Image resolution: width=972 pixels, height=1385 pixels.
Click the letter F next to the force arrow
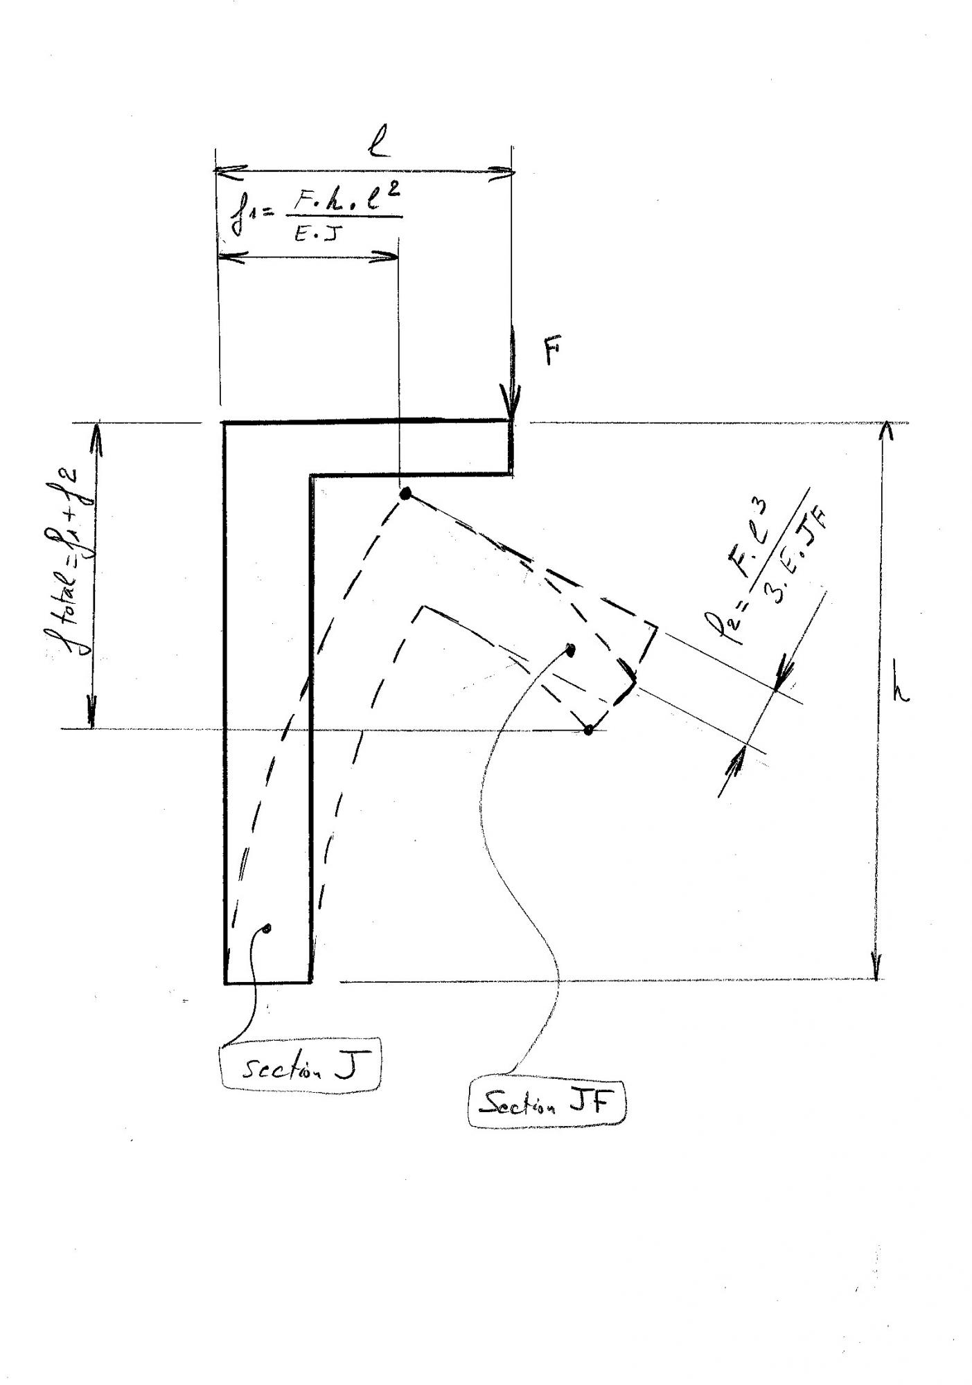pyautogui.click(x=551, y=353)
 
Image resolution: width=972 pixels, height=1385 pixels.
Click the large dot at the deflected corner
pyautogui.click(x=406, y=494)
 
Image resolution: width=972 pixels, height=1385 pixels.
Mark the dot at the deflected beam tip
pyautogui.click(x=588, y=729)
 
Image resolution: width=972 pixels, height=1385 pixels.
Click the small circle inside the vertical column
pyautogui.click(x=267, y=929)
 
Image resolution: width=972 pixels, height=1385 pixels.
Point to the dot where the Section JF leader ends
pyautogui.click(x=570, y=650)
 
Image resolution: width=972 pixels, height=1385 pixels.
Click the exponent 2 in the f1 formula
pyautogui.click(x=393, y=197)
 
